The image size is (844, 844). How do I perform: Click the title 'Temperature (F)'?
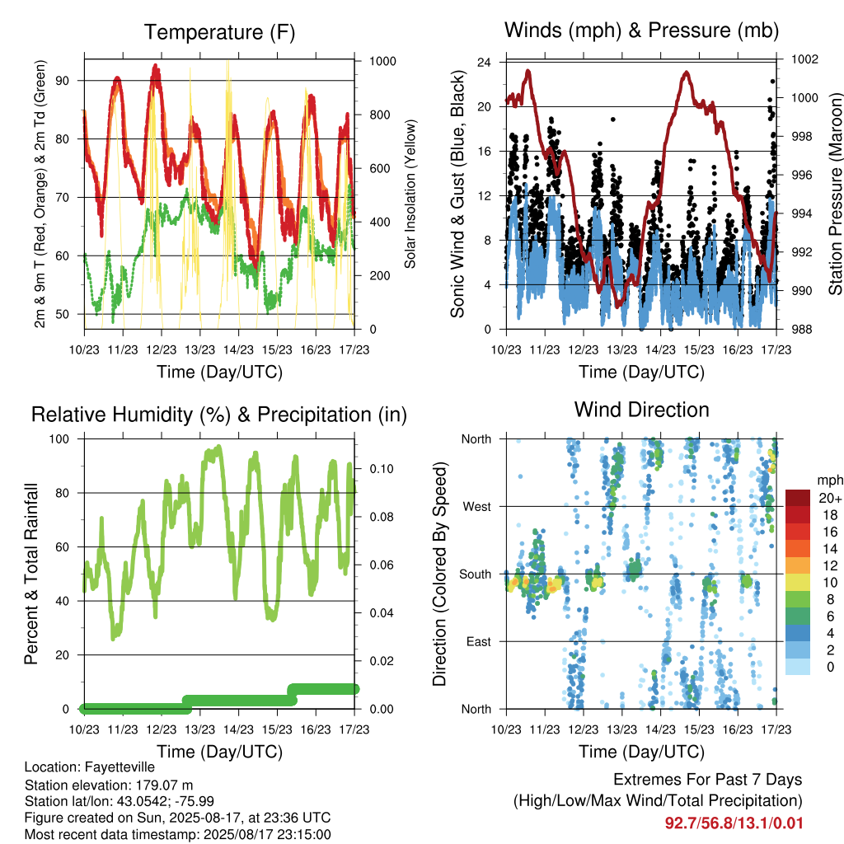click(x=219, y=32)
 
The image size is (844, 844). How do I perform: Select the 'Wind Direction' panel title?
click(x=641, y=410)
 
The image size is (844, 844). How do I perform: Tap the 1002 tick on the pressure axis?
click(x=804, y=59)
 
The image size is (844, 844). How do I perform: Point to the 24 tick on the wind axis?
click(x=484, y=62)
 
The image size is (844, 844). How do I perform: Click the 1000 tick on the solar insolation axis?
click(x=382, y=61)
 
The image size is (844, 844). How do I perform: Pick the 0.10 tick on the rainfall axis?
click(x=382, y=469)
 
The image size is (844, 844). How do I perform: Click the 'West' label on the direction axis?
click(x=476, y=507)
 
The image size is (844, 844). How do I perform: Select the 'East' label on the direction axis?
click(x=479, y=641)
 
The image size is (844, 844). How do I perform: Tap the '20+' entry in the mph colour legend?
click(x=830, y=498)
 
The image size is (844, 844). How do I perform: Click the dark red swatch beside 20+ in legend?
click(x=798, y=498)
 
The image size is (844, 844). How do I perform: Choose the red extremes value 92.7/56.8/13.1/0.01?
click(x=734, y=823)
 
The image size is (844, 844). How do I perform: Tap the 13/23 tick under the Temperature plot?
click(x=199, y=349)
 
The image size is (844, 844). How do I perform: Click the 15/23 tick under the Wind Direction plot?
click(x=699, y=729)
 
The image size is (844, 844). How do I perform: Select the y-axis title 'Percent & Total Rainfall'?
click(x=31, y=574)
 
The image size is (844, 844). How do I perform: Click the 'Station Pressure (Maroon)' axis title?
click(x=835, y=194)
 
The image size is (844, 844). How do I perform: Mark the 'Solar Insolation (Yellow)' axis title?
click(x=410, y=195)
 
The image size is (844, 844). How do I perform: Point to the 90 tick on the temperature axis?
click(x=63, y=81)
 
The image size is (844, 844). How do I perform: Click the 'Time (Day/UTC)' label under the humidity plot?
click(x=219, y=752)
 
